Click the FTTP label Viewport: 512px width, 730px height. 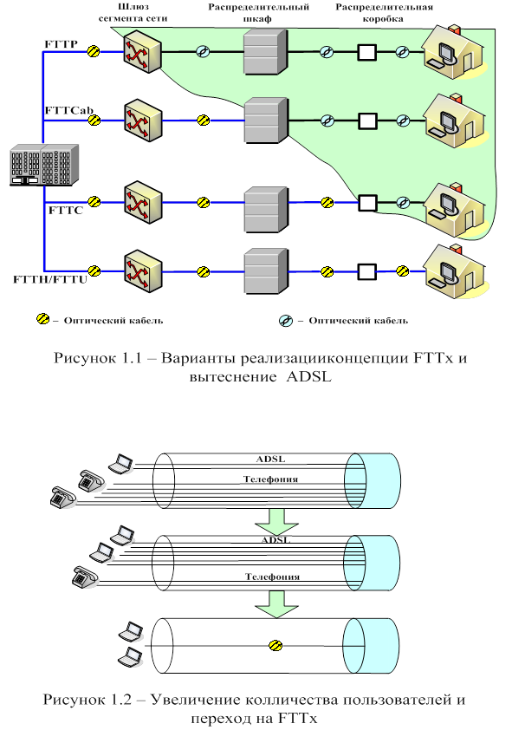tap(61, 44)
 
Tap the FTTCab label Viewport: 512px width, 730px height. tap(68, 111)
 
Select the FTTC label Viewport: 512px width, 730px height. tap(66, 211)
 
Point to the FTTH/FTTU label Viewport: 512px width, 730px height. tap(50, 280)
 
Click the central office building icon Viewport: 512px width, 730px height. tap(44, 165)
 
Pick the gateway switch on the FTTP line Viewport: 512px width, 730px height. tap(142, 51)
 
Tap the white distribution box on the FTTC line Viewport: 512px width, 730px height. tap(367, 203)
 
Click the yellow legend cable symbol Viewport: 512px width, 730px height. tap(42, 319)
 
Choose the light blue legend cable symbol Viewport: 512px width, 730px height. tap(286, 321)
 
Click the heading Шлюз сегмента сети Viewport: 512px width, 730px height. tap(133, 13)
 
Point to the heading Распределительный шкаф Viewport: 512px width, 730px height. tap(258, 13)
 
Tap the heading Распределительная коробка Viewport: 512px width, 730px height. tap(384, 13)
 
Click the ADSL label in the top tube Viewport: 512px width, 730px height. tap(270, 459)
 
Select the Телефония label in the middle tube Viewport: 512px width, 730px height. tap(273, 577)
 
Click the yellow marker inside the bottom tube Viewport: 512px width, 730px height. tap(275, 645)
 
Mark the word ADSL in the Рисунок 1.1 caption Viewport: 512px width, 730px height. tap(309, 376)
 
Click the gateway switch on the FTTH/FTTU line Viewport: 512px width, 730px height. tap(143, 271)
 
